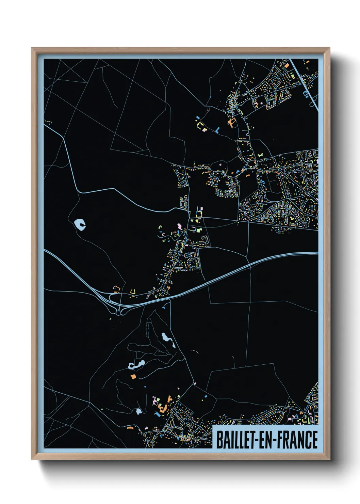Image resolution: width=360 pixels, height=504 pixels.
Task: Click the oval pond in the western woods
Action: tap(80, 224)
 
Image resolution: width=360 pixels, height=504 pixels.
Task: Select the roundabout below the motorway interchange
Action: tap(118, 313)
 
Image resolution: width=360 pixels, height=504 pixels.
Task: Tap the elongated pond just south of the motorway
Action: tap(168, 340)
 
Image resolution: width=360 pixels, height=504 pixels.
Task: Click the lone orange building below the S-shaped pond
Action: tap(133, 377)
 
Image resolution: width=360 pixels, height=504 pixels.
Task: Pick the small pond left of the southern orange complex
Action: tap(138, 411)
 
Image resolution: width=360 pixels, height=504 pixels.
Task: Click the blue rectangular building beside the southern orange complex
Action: tap(158, 415)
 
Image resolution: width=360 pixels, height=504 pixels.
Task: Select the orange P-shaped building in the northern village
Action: tap(231, 123)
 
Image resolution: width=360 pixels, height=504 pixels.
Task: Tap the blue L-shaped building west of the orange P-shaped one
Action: tap(217, 130)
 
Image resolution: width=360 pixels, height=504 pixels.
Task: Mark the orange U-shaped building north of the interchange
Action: tap(132, 291)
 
